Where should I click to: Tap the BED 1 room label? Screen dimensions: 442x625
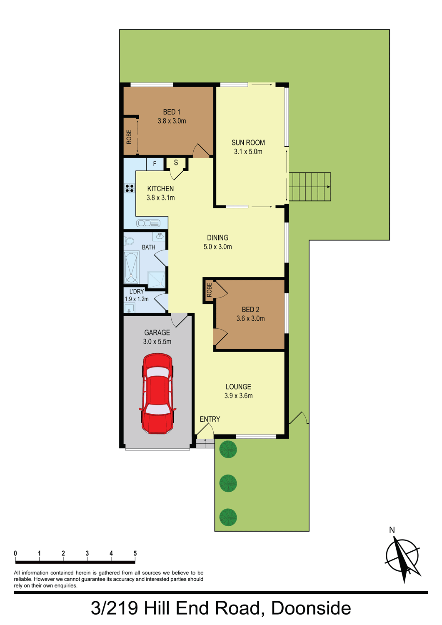click(x=172, y=112)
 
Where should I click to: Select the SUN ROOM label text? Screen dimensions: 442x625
click(x=248, y=142)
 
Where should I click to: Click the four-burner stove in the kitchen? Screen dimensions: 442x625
click(x=130, y=188)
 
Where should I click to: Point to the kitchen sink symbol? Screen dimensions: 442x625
click(x=148, y=223)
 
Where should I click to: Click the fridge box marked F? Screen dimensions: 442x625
click(x=155, y=164)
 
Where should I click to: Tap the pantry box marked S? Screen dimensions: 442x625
click(x=176, y=162)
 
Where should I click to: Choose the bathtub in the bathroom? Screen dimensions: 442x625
click(x=131, y=267)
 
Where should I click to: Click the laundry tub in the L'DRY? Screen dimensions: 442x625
click(x=129, y=308)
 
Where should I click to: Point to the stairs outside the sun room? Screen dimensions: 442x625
click(x=310, y=187)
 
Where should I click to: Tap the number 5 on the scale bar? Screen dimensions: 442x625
click(x=135, y=553)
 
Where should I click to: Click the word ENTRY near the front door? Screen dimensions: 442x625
click(x=210, y=419)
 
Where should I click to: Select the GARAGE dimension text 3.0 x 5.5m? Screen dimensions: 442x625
click(x=157, y=342)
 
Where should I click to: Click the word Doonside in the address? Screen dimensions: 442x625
click(x=311, y=608)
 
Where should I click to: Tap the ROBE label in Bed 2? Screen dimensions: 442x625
click(x=209, y=290)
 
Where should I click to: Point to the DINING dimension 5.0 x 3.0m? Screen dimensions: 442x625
click(x=217, y=247)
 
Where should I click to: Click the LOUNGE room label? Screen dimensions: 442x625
click(x=238, y=387)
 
